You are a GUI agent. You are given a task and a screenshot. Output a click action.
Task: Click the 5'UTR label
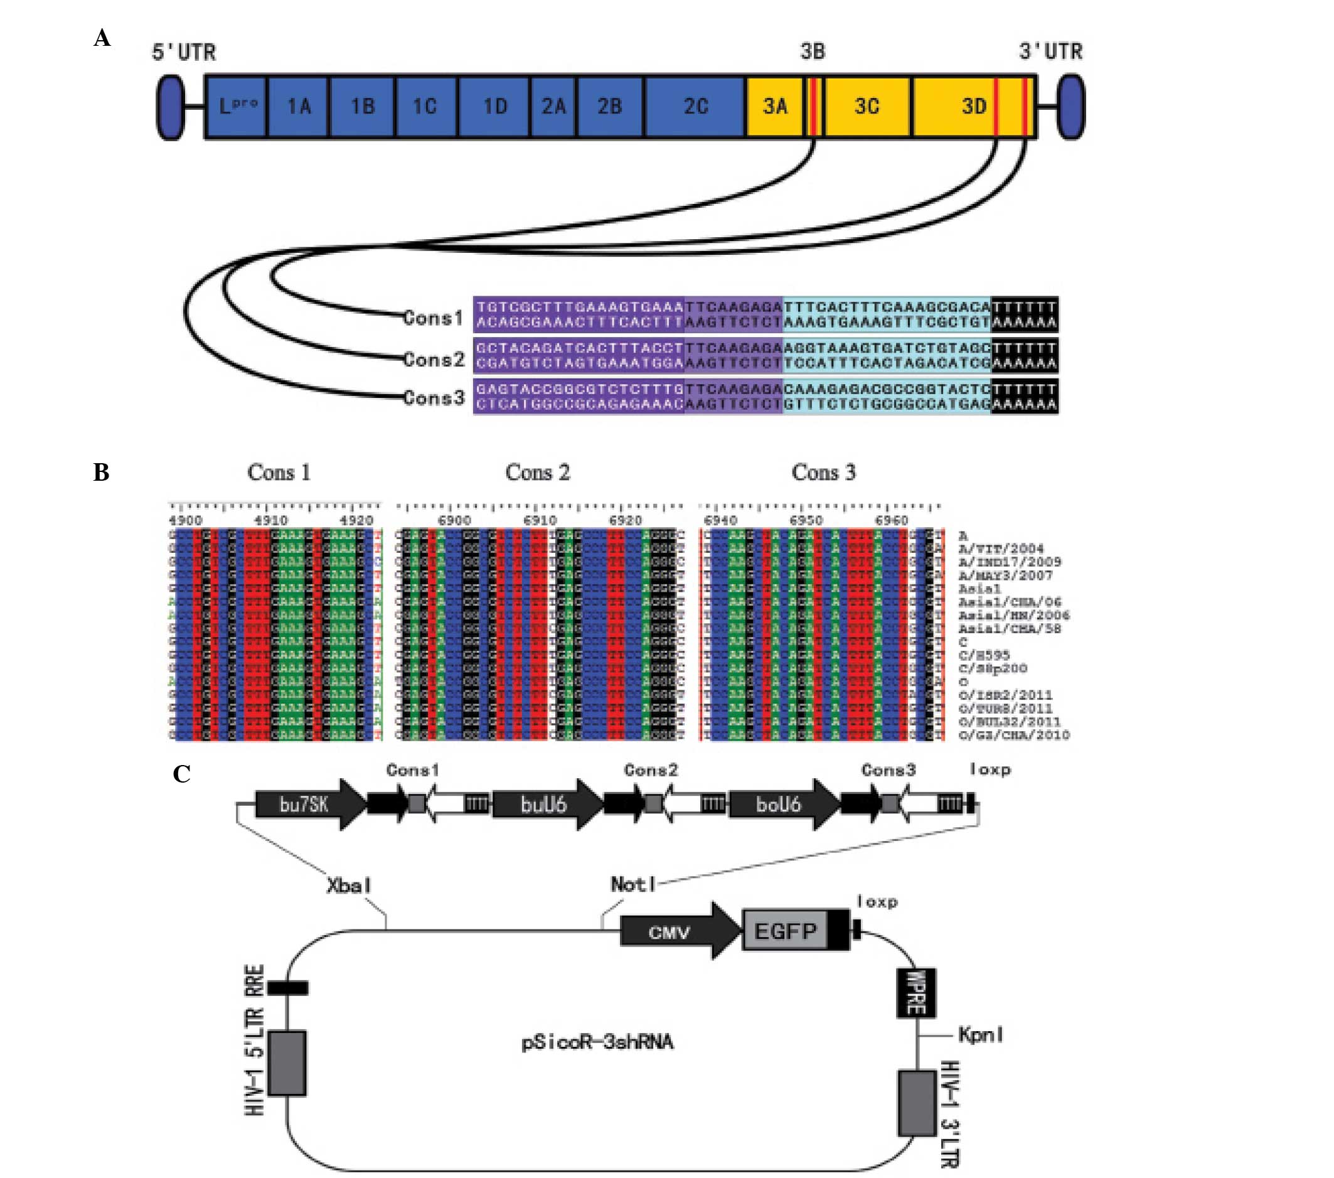[x=183, y=52]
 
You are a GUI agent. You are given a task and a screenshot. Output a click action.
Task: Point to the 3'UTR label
[x=1051, y=51]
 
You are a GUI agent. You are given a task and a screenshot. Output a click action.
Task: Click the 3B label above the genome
[x=813, y=51]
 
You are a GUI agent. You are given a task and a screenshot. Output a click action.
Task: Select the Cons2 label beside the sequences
[x=434, y=359]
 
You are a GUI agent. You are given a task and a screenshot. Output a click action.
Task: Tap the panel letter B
[x=101, y=473]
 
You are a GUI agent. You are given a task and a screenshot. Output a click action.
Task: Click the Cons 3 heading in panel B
[x=823, y=473]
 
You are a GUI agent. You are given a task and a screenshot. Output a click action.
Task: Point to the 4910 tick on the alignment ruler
[x=270, y=521]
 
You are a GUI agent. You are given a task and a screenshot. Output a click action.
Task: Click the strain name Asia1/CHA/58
[x=1009, y=629]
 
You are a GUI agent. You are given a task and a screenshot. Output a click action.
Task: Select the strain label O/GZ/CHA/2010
[x=1013, y=736]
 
